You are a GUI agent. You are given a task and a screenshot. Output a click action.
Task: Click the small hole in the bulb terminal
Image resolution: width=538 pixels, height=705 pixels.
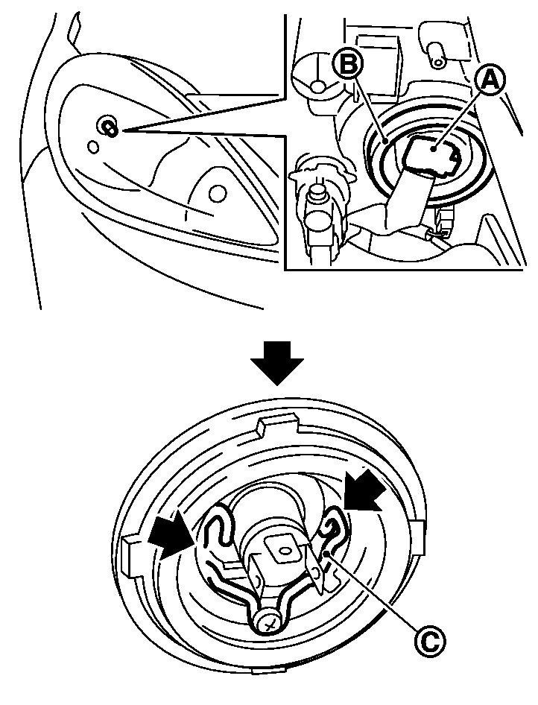[285, 551]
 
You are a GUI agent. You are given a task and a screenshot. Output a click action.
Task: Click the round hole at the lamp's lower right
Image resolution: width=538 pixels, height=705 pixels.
[218, 194]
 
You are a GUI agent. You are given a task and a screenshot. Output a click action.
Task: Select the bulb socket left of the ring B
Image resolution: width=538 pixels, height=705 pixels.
[318, 201]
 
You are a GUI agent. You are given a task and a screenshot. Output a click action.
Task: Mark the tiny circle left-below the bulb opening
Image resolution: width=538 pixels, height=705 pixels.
[93, 147]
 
